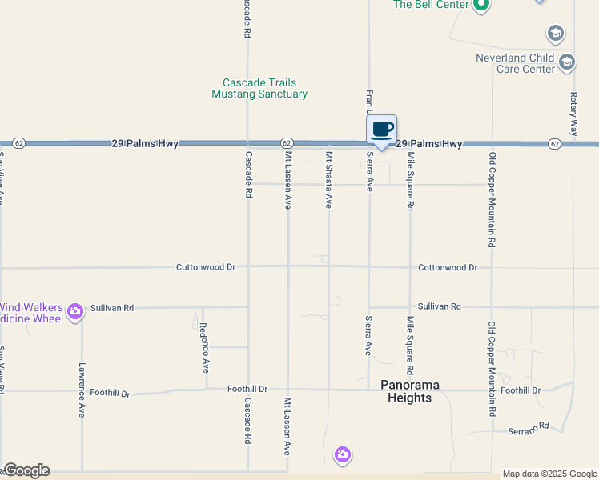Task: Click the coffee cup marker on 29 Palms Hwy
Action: click(382, 130)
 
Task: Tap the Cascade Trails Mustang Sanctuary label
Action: click(259, 88)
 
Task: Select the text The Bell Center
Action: click(429, 5)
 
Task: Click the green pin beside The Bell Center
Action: click(480, 6)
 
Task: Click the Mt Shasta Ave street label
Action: click(328, 179)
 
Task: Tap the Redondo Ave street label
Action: click(204, 348)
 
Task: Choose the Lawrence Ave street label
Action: click(82, 390)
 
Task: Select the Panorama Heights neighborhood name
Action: click(409, 391)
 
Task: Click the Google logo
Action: click(26, 470)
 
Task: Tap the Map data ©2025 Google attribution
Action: click(549, 474)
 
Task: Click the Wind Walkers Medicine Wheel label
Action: click(32, 312)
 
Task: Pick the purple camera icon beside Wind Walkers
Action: click(75, 311)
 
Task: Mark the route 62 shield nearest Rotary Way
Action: click(554, 143)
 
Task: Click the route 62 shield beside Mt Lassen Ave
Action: click(286, 143)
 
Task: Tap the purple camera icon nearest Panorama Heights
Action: click(343, 454)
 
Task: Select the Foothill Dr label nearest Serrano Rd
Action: click(521, 390)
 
